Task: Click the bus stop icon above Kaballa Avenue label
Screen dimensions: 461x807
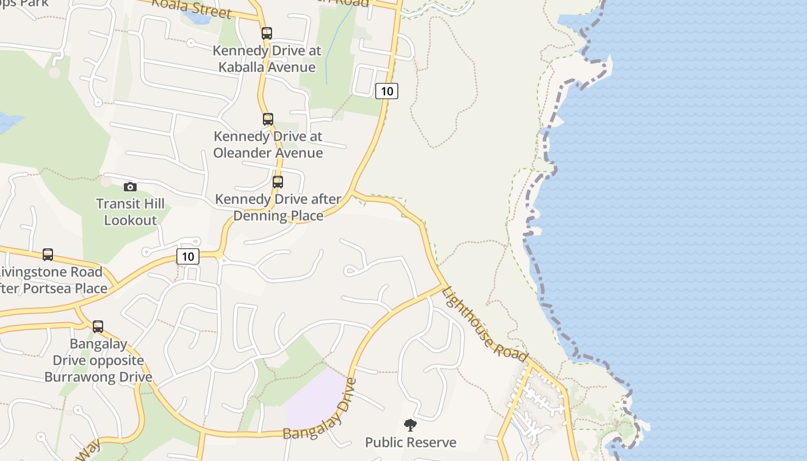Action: click(266, 33)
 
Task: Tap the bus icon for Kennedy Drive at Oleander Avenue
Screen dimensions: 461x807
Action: click(268, 119)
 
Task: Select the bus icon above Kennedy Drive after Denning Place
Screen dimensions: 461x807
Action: click(278, 182)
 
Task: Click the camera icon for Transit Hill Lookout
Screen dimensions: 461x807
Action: click(130, 187)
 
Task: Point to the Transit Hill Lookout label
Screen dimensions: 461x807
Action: click(130, 212)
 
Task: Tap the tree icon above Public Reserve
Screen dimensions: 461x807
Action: click(410, 426)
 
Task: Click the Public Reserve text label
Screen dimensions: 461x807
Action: click(410, 443)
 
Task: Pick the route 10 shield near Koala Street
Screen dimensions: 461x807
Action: click(387, 90)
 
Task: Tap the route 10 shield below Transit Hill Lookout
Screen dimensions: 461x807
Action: click(188, 256)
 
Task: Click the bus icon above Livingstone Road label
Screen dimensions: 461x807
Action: click(48, 255)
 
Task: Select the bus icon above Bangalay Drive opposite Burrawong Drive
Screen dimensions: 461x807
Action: click(98, 327)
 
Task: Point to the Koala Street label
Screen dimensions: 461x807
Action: click(191, 8)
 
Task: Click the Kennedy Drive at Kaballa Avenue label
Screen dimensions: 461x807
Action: click(267, 59)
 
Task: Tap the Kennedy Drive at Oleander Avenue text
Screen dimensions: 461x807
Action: click(268, 145)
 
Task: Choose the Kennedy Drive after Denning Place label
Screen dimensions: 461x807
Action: click(278, 207)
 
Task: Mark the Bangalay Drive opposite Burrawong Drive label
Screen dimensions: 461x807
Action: click(99, 361)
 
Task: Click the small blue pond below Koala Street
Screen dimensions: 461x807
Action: click(198, 17)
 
